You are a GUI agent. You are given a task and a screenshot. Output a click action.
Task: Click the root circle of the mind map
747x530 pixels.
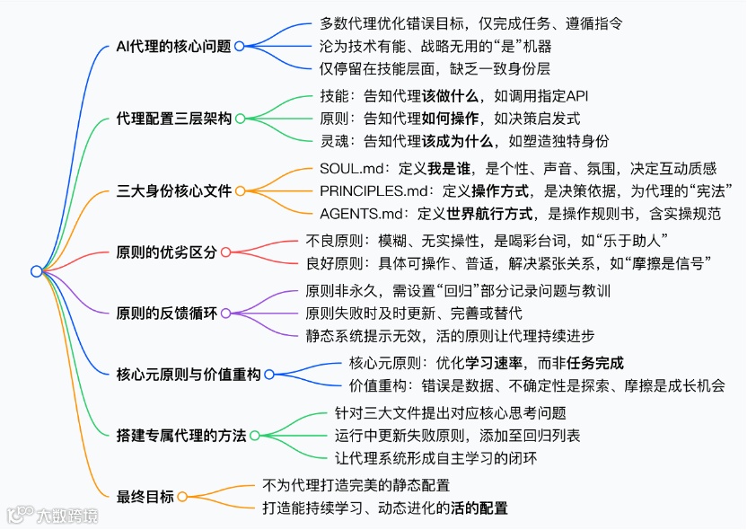(36, 271)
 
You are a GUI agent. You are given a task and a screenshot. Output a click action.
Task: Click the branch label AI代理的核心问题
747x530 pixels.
(174, 46)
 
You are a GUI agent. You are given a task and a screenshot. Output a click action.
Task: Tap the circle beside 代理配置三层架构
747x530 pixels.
(240, 119)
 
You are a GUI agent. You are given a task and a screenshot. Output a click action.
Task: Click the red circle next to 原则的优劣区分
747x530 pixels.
(225, 252)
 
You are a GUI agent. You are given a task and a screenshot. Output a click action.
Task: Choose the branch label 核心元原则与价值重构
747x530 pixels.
(189, 375)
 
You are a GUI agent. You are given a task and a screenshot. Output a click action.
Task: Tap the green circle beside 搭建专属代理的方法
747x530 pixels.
(254, 436)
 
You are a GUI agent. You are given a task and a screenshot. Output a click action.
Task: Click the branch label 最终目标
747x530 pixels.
(145, 497)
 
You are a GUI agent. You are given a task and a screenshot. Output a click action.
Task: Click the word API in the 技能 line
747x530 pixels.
(576, 96)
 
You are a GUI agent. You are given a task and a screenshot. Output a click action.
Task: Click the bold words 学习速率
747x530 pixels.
(490, 363)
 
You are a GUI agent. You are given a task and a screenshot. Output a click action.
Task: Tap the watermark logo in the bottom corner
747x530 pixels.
(21, 515)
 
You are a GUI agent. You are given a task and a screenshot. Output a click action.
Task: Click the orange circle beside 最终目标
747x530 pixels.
(182, 497)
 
